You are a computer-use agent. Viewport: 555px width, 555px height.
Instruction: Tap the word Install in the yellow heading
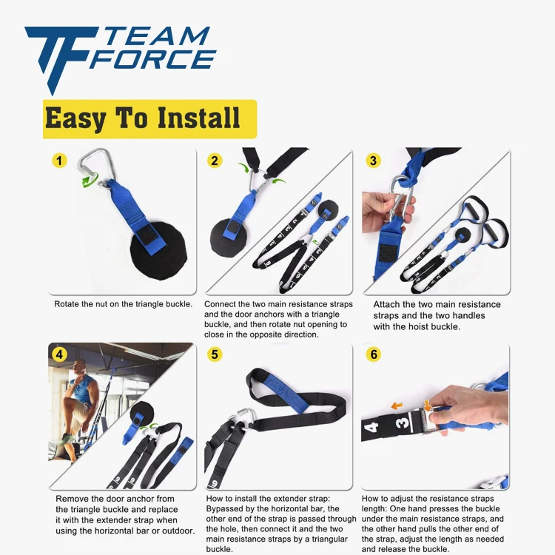[x=200, y=118]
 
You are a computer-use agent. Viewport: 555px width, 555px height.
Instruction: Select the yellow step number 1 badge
[x=60, y=161]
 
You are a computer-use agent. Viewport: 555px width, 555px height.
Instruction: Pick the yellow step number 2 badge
[x=215, y=161]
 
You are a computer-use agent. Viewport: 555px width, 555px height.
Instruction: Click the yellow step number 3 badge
[x=374, y=161]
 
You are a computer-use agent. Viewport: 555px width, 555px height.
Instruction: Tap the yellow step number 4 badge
[x=60, y=354]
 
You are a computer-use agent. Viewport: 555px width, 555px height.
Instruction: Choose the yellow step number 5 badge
[x=215, y=354]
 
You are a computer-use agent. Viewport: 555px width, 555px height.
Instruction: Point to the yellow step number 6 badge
[x=374, y=354]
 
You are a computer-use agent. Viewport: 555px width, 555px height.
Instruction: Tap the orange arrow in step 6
[x=398, y=405]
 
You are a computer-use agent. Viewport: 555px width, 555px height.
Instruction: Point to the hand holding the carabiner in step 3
[x=381, y=207]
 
